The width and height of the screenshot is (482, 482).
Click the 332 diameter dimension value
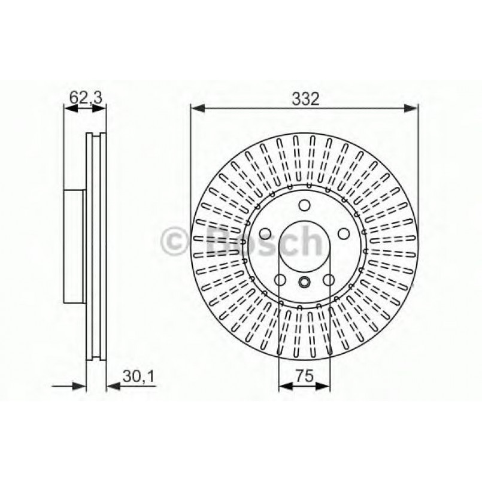pos(304,99)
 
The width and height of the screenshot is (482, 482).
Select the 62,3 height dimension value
pos(85,95)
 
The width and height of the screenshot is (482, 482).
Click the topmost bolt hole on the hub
pos(304,207)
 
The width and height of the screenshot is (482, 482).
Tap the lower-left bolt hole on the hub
pos(280,280)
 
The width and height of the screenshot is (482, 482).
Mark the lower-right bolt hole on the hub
pos(329,280)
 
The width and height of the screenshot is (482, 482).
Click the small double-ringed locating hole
pos(304,283)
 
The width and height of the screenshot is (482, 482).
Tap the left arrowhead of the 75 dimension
pos(284,386)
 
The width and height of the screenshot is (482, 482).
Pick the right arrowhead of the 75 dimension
pos(324,386)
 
